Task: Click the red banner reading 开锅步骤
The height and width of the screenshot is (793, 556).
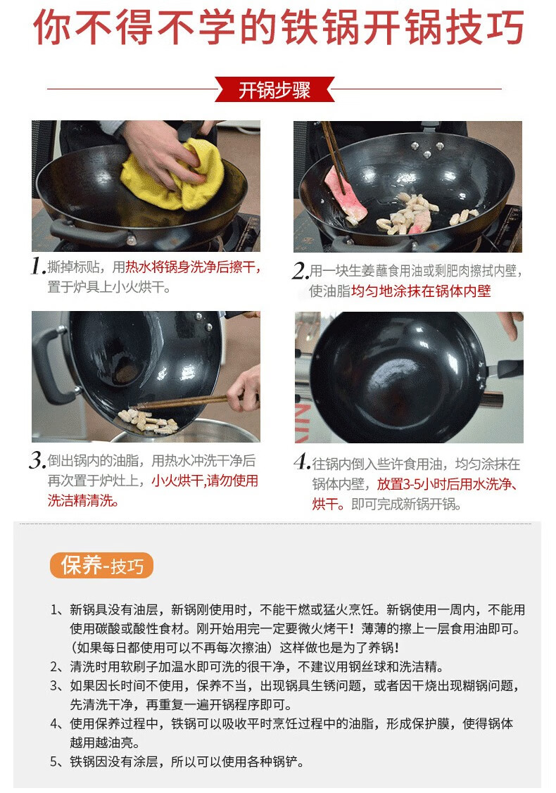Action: (x=274, y=89)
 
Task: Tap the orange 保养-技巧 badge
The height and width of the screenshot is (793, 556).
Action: (x=101, y=566)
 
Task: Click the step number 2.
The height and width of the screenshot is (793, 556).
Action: (x=300, y=271)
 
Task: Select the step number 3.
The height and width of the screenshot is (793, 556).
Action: (x=37, y=460)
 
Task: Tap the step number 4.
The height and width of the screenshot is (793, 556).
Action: (x=302, y=463)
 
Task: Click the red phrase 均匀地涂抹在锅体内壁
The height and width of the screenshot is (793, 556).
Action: (x=421, y=291)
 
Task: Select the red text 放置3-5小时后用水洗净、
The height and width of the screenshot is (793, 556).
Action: (x=447, y=484)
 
